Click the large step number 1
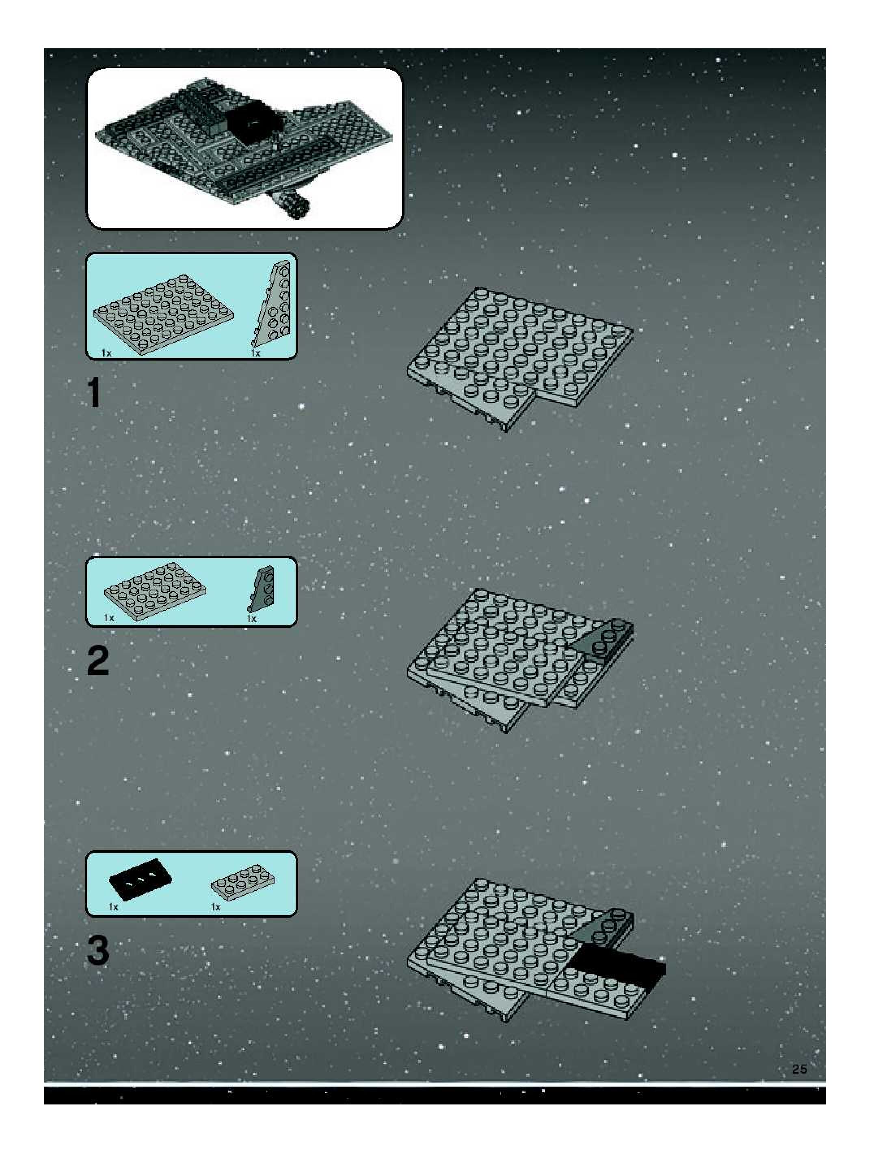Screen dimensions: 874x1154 pos(94,392)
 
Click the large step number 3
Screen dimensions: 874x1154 pos(98,950)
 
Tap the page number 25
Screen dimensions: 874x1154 pos(799,1069)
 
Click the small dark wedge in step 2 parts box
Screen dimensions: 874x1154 pos(261,588)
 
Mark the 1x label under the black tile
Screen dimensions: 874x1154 pos(114,907)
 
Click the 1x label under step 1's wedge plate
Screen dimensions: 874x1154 pos(256,353)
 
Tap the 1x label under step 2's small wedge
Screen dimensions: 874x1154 pos(251,619)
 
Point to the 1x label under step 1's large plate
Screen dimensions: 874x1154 pos(107,353)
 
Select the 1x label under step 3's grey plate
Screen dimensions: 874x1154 pos(216,907)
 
